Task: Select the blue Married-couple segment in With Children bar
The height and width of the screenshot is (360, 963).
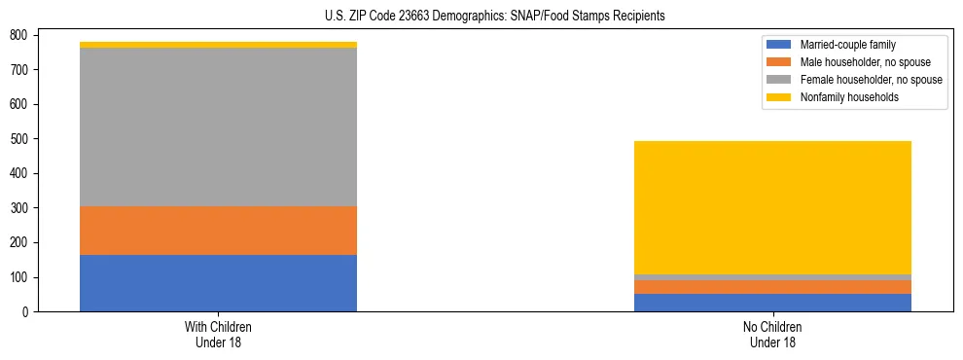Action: (218, 283)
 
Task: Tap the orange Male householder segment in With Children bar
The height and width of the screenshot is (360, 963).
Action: (218, 231)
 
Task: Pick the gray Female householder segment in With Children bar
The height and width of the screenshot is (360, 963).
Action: (218, 126)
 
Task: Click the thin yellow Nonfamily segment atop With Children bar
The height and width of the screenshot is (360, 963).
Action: (218, 45)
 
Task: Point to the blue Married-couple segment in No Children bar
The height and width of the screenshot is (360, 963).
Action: (772, 303)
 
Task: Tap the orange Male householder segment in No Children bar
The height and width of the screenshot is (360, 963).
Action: (772, 287)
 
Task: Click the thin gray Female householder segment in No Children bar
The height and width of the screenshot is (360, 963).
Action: (772, 277)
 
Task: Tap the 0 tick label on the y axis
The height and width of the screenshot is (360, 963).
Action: (29, 312)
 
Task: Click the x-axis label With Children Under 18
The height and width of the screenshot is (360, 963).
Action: (218, 334)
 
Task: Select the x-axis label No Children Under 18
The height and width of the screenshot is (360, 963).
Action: (772, 334)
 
